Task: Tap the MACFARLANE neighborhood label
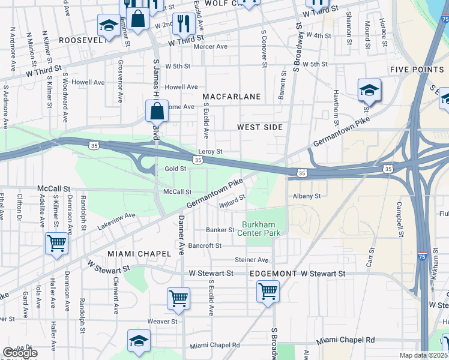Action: tap(231, 97)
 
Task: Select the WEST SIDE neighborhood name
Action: tap(259, 127)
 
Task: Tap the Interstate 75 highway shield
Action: tap(423, 256)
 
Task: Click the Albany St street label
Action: tap(307, 196)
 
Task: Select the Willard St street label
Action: tap(232, 202)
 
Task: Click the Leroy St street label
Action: tap(210, 152)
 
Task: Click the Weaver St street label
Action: tap(162, 322)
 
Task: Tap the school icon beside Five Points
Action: tap(370, 91)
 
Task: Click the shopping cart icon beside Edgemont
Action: tap(268, 292)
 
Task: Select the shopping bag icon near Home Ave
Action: tap(156, 111)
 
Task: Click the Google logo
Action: tap(20, 353)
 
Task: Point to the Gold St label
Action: tap(176, 169)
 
